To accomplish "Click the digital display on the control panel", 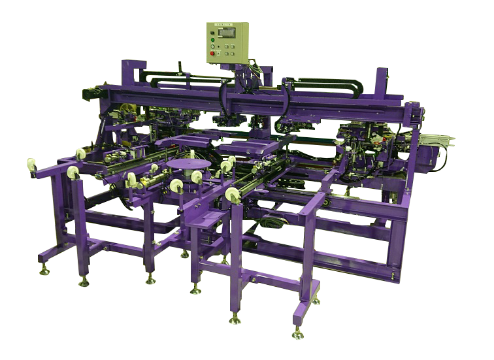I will click(227, 33).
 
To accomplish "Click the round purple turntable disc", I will click(189, 163).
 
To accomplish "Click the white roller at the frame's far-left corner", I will click(31, 164).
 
